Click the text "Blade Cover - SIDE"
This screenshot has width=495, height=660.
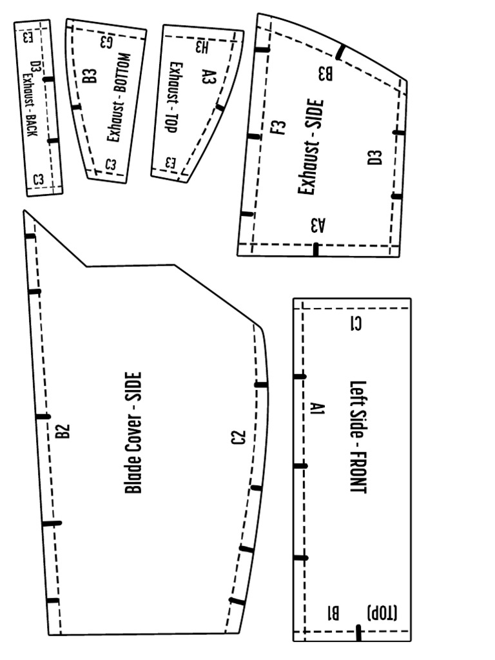pyautogui.click(x=133, y=432)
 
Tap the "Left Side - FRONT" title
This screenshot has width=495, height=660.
pyautogui.click(x=358, y=437)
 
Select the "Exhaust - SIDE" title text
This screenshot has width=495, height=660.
pyautogui.click(x=311, y=147)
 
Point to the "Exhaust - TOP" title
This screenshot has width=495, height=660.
pyautogui.click(x=172, y=97)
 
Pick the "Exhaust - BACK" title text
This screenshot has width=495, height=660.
pyautogui.click(x=28, y=104)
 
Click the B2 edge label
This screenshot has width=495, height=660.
pyautogui.click(x=62, y=431)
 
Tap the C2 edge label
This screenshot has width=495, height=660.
pyautogui.click(x=238, y=438)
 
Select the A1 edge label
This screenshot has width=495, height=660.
pyautogui.click(x=316, y=408)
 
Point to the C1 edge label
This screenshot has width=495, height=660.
pyautogui.click(x=355, y=324)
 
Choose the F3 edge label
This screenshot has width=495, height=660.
pyautogui.click(x=279, y=127)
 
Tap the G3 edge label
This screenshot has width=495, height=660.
pyautogui.click(x=108, y=42)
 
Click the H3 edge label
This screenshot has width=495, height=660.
pyautogui.click(x=202, y=46)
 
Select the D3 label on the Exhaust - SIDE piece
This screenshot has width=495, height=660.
pyautogui.click(x=374, y=157)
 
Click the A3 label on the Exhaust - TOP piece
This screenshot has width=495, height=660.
pyautogui.click(x=208, y=78)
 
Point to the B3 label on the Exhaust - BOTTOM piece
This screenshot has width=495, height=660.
pyautogui.click(x=90, y=75)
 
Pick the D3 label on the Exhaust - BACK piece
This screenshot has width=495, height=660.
pyautogui.click(x=36, y=66)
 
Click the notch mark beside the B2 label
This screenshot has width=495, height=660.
pyautogui.click(x=44, y=416)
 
